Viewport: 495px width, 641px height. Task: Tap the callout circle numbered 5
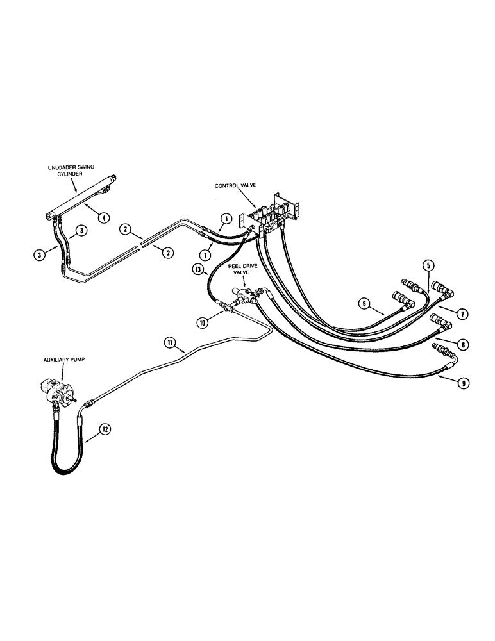tap(427, 266)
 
